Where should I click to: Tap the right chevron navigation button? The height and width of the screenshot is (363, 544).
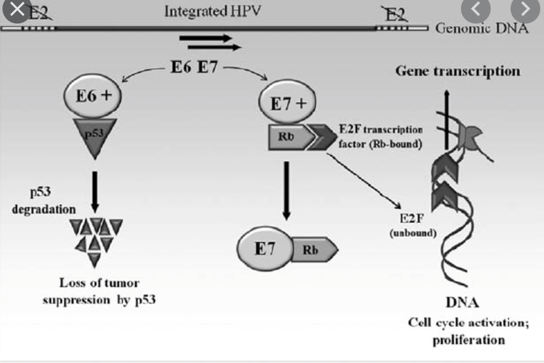[525, 9]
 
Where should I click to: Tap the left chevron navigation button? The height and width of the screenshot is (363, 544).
[476, 9]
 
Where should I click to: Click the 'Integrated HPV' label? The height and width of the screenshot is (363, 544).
[213, 11]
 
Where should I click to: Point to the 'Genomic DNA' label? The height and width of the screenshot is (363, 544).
[482, 28]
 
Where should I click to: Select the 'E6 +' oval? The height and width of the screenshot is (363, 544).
[93, 95]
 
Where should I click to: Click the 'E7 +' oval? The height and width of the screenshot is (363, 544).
[287, 102]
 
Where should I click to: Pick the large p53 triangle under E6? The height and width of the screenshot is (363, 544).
[95, 136]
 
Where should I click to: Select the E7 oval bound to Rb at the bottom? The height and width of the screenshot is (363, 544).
[265, 248]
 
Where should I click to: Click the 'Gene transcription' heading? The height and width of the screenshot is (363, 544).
[458, 71]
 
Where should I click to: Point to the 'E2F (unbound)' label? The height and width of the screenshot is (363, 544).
[413, 225]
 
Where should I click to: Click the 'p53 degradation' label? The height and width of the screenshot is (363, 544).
[43, 201]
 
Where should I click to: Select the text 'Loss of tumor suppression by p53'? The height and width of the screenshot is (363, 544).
[99, 291]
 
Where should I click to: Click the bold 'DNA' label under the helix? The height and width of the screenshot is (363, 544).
[462, 303]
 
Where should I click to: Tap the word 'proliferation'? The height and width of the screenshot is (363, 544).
[468, 340]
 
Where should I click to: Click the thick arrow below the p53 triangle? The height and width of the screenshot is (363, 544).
[95, 192]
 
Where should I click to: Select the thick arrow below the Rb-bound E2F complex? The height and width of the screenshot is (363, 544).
[286, 191]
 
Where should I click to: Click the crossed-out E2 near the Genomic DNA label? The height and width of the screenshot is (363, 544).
[395, 15]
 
